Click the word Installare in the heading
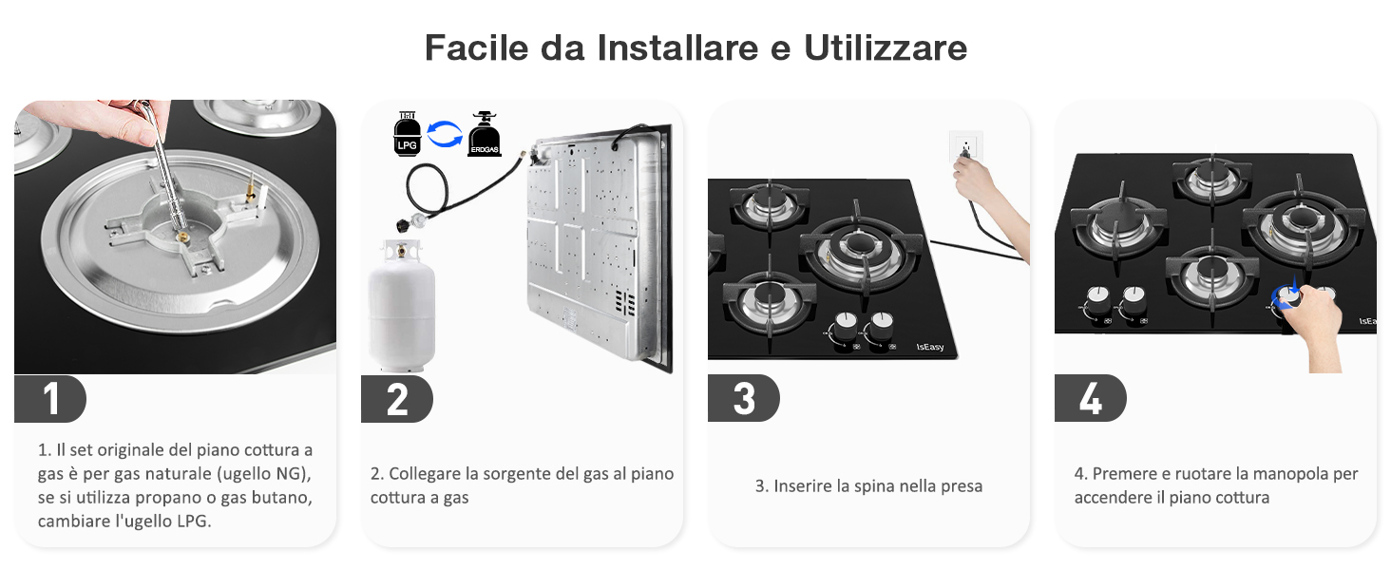click(x=678, y=47)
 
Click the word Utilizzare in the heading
click(x=886, y=47)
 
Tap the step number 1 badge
click(x=50, y=399)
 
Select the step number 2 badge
click(x=397, y=399)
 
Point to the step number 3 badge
click(x=744, y=399)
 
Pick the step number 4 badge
click(x=1091, y=399)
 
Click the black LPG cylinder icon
click(x=408, y=134)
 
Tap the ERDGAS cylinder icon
click(x=485, y=134)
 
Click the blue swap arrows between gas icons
click(x=445, y=134)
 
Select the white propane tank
click(x=402, y=306)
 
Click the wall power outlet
click(x=966, y=147)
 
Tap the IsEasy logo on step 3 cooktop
click(x=929, y=347)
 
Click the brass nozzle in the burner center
click(x=183, y=237)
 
